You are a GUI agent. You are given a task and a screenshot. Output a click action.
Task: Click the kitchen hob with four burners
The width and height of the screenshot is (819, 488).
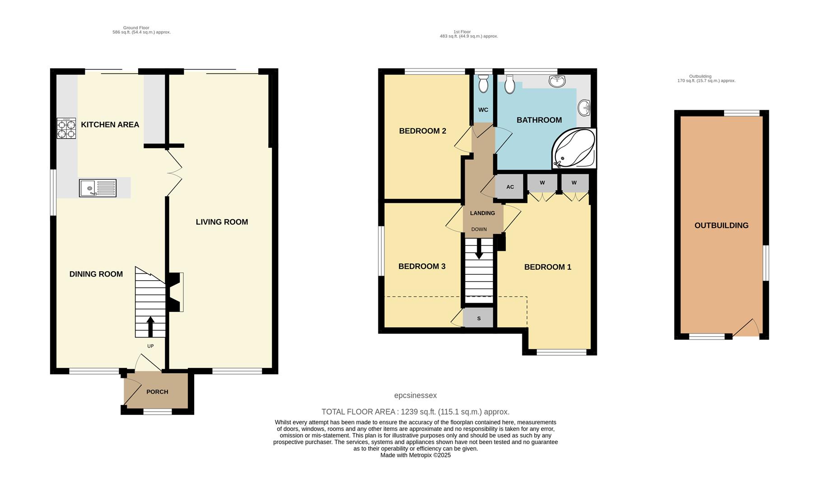(x=66, y=128)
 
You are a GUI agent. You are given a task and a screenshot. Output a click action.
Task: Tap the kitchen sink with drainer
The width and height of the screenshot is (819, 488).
(x=98, y=188)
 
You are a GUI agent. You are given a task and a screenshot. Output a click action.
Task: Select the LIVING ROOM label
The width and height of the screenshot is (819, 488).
(x=222, y=222)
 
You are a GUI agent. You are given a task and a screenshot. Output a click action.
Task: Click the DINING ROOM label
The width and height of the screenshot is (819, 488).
(x=96, y=274)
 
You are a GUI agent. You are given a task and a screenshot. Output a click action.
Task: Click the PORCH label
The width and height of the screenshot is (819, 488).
(x=157, y=392)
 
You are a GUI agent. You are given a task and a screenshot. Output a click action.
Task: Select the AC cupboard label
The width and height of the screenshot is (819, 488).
(x=510, y=187)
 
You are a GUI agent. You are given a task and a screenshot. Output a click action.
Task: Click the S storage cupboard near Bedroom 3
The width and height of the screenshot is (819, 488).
(x=479, y=319)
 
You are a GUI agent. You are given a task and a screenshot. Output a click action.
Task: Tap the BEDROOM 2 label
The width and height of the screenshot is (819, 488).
(x=423, y=131)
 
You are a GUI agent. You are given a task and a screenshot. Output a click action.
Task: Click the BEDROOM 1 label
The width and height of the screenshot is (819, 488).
(x=547, y=267)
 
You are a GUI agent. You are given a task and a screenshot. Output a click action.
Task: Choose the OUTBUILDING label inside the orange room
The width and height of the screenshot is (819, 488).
(x=721, y=225)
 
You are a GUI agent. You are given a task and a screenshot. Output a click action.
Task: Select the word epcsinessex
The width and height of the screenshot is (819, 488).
(x=415, y=395)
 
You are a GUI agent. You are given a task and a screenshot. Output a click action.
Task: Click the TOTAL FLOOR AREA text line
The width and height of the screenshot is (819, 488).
(x=415, y=412)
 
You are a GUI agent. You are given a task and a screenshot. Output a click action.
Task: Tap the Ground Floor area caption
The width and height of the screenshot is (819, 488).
(x=141, y=30)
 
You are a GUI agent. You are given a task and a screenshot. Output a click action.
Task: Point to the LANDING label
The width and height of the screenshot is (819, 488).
(x=482, y=213)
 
